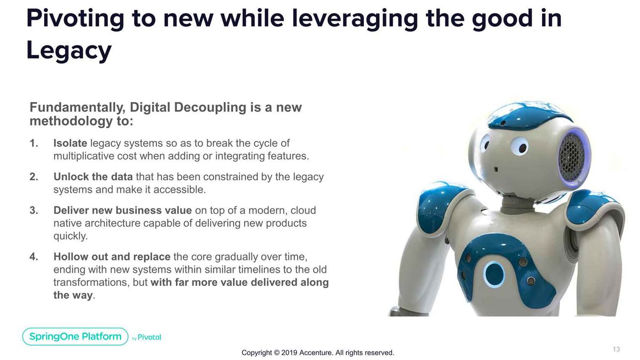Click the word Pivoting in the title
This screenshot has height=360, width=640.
point(76,19)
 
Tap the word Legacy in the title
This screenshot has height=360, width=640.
point(69,51)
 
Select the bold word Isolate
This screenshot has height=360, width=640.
point(70,143)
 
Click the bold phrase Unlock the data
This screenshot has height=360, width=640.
point(93,177)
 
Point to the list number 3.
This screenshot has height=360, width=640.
point(34,211)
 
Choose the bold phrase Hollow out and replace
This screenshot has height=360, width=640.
point(112,257)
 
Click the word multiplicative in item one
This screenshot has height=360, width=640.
point(80,156)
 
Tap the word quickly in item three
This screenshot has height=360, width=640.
point(70,236)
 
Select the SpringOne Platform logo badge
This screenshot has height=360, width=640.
point(75,336)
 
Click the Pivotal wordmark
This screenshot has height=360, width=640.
point(150,337)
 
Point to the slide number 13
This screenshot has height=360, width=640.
point(616,349)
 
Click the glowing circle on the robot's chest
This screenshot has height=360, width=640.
point(494,274)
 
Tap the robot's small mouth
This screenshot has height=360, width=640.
point(496,169)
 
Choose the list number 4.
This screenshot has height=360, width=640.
point(34,257)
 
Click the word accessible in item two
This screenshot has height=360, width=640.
point(179,190)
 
